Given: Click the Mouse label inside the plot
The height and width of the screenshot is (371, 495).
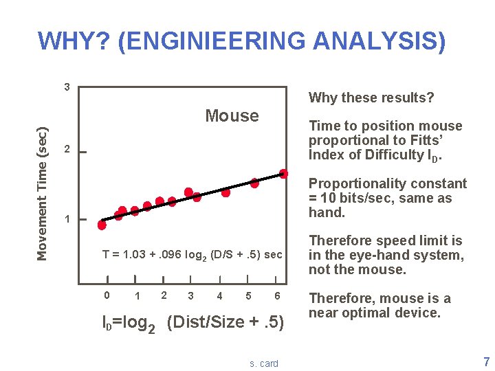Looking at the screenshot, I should point(232,115).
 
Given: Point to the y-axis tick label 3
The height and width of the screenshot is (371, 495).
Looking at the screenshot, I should point(66,87).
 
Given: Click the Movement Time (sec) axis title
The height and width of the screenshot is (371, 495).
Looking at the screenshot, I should point(43,185).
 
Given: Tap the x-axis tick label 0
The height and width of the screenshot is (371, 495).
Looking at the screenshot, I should point(106,295).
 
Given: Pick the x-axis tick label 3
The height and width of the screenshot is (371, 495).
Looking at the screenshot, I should point(190,296).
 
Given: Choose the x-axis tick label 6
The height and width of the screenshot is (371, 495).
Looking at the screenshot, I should point(276,295).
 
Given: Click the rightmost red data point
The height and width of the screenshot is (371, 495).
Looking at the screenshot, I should point(283,174).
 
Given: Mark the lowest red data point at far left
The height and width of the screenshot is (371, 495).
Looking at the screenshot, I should point(102,225).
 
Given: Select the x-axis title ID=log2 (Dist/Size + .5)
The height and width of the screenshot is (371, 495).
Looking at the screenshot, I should point(192,322).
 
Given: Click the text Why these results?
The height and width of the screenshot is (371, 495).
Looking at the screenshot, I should point(371,98).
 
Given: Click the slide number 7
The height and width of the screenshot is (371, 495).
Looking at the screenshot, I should point(487,361).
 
